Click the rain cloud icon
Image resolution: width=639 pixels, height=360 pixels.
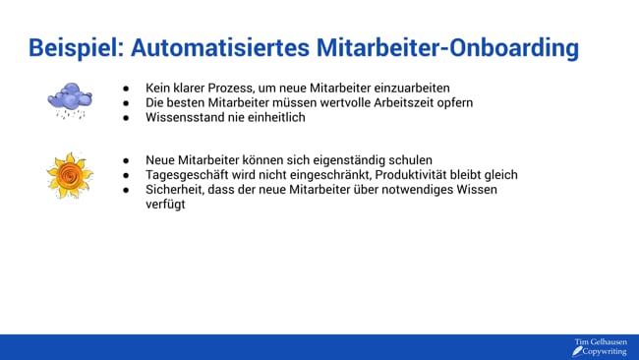click(x=70, y=99)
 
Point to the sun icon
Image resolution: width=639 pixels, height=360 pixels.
click(x=69, y=175)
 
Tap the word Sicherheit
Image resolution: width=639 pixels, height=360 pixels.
click(x=176, y=189)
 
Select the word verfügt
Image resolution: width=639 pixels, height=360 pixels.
click(x=165, y=205)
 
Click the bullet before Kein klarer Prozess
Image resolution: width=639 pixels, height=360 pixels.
click(x=127, y=88)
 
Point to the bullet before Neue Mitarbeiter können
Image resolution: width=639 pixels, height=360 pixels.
click(x=127, y=159)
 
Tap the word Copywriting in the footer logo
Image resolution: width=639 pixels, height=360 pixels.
click(x=604, y=351)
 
